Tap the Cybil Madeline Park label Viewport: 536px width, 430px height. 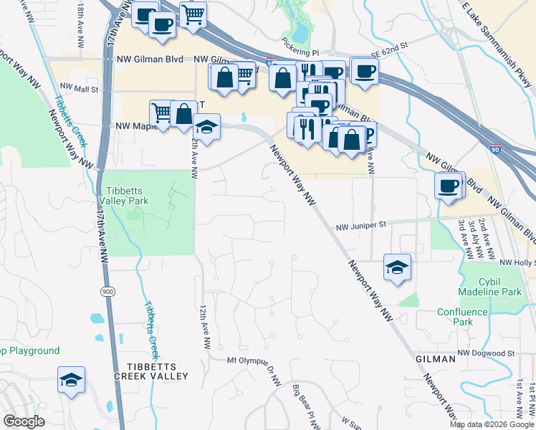pyautogui.click(x=490, y=287)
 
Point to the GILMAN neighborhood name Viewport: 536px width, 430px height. pyautogui.click(x=435, y=358)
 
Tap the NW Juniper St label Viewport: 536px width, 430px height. pyautogui.click(x=361, y=225)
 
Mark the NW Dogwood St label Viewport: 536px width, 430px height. pyautogui.click(x=487, y=353)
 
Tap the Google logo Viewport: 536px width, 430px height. pyautogui.click(x=24, y=421)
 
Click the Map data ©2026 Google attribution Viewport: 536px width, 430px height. pyautogui.click(x=492, y=424)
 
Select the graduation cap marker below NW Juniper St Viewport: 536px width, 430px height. pyautogui.click(x=397, y=267)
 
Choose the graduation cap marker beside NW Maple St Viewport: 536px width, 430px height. pyautogui.click(x=206, y=128)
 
